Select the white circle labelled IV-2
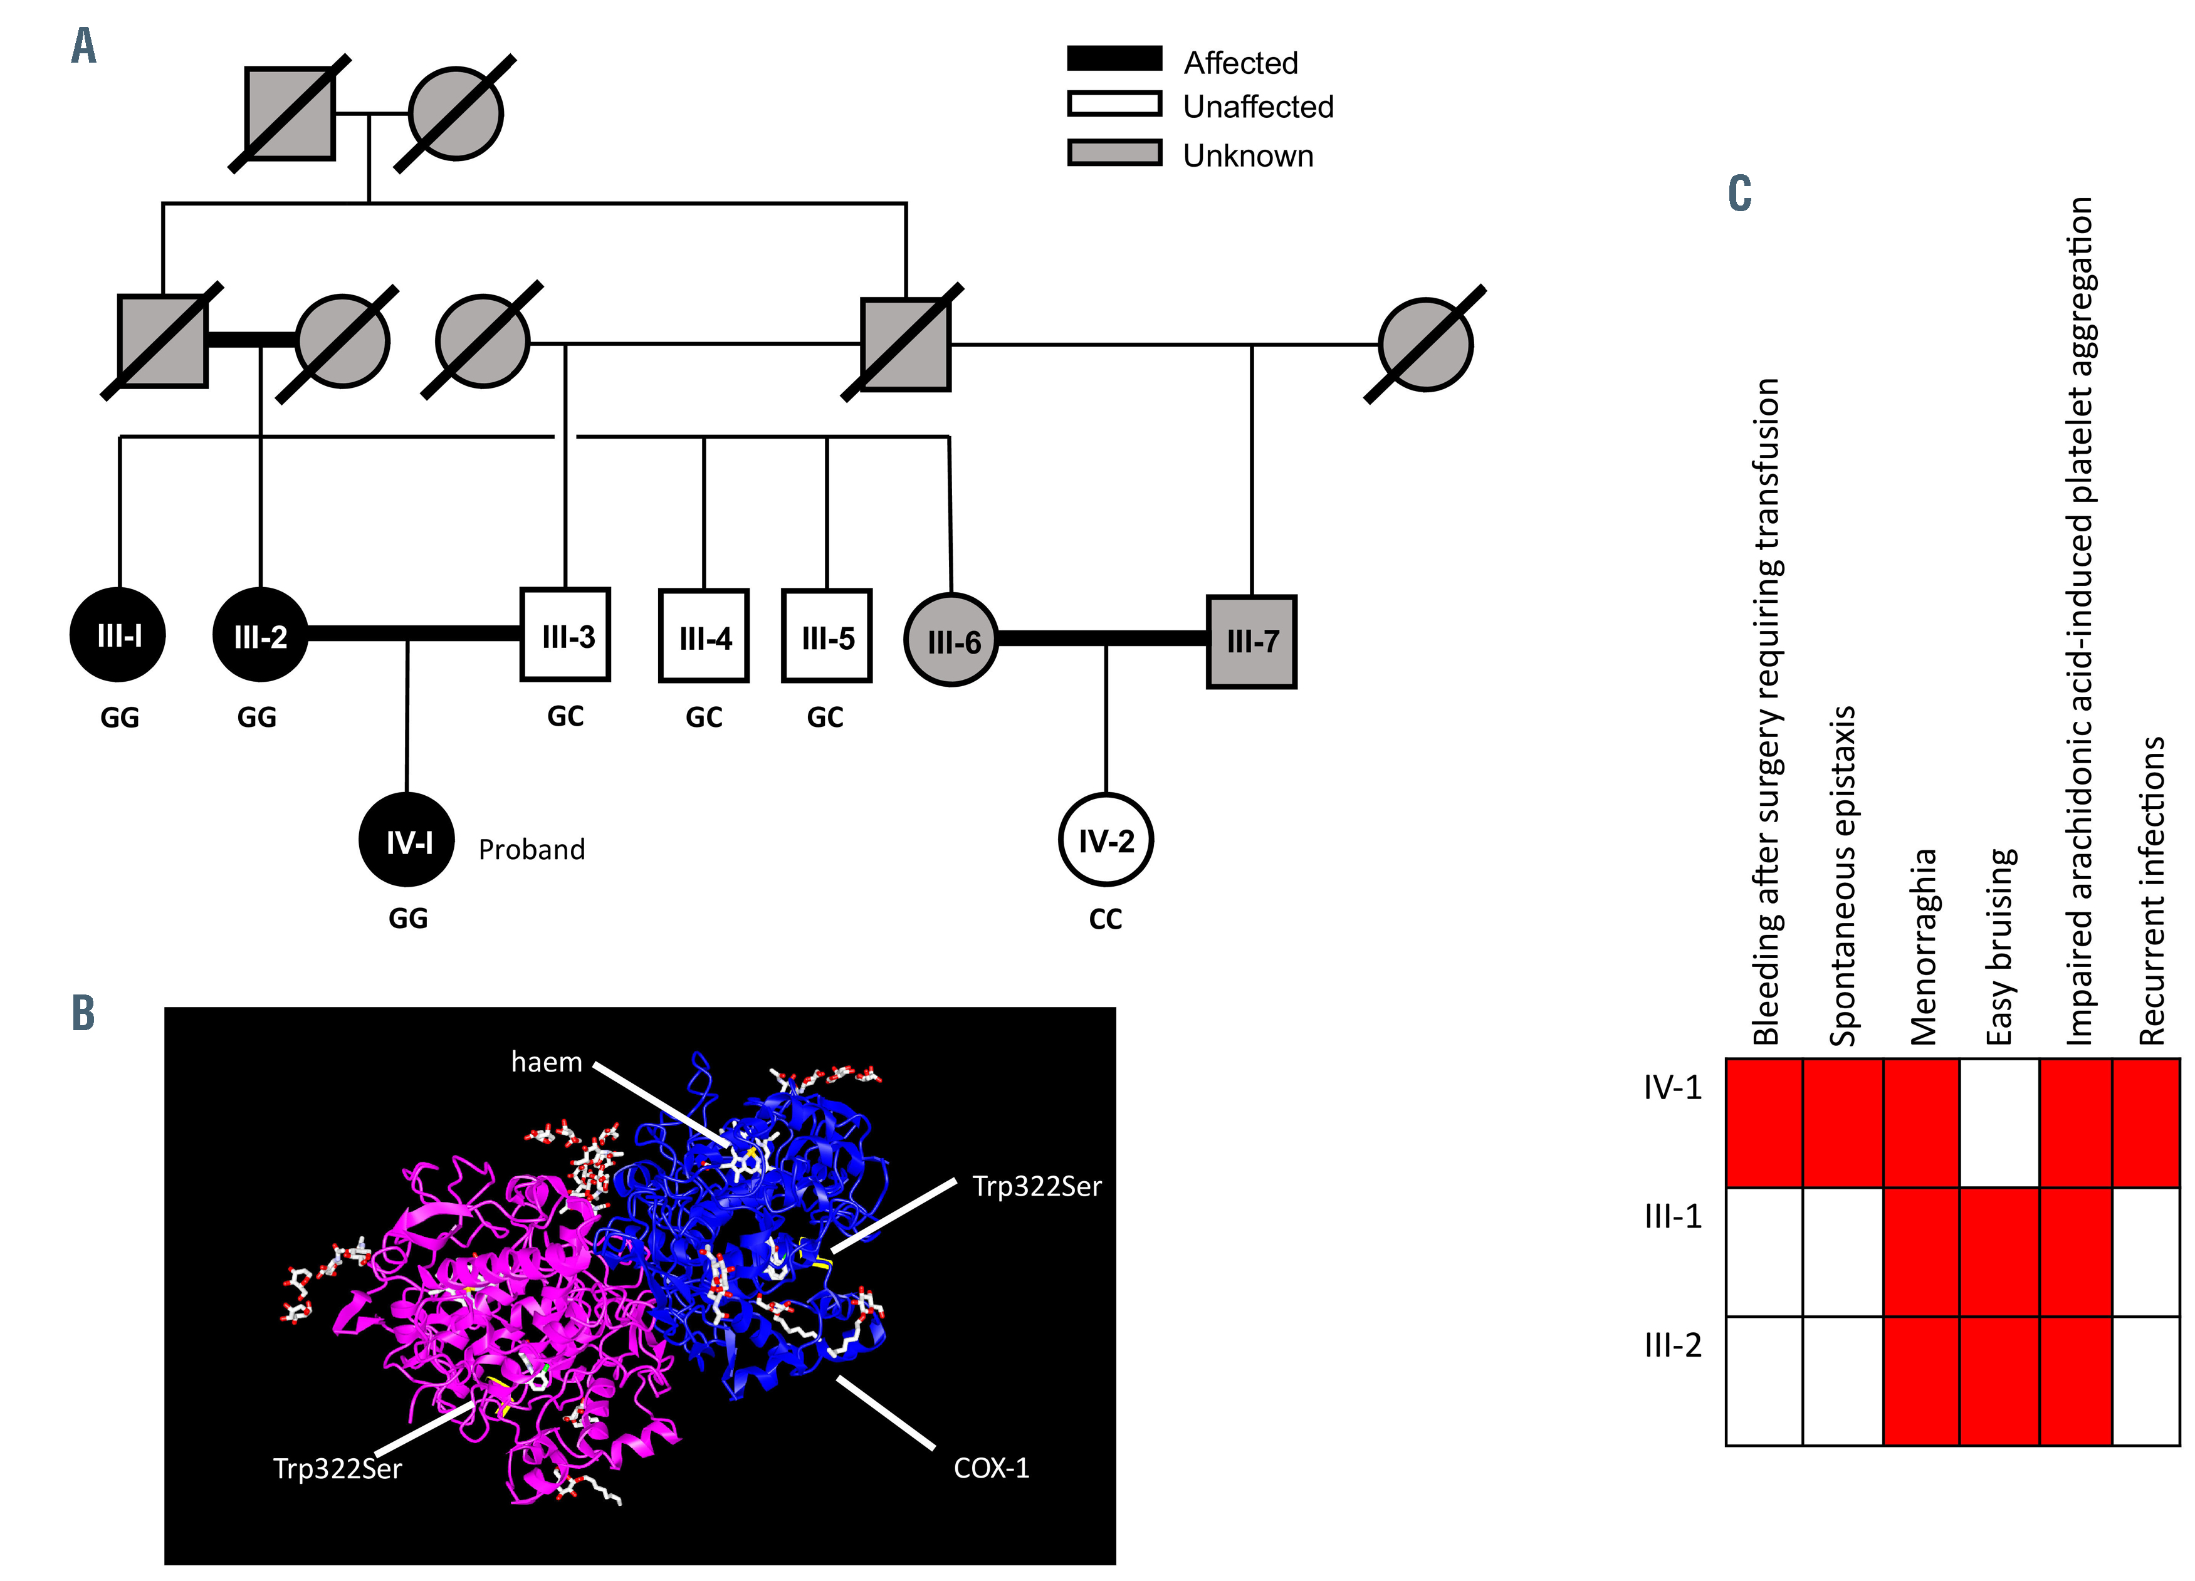pos(1105,840)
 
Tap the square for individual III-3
pos(565,635)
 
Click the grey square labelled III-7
pos(1252,640)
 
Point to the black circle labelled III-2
pos(260,635)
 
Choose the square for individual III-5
pos(827,635)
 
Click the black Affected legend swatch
pos(1114,58)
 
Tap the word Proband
pos(532,850)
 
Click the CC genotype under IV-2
pos(1105,919)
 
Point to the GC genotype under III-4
pos(704,717)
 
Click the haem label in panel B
pos(546,1062)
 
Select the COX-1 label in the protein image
pos(991,1468)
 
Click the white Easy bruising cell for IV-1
pos(1999,1122)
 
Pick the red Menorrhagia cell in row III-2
pos(1921,1380)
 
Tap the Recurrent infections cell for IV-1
pos(2145,1122)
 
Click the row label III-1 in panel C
pos(1672,1216)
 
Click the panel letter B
pos(83,1013)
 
